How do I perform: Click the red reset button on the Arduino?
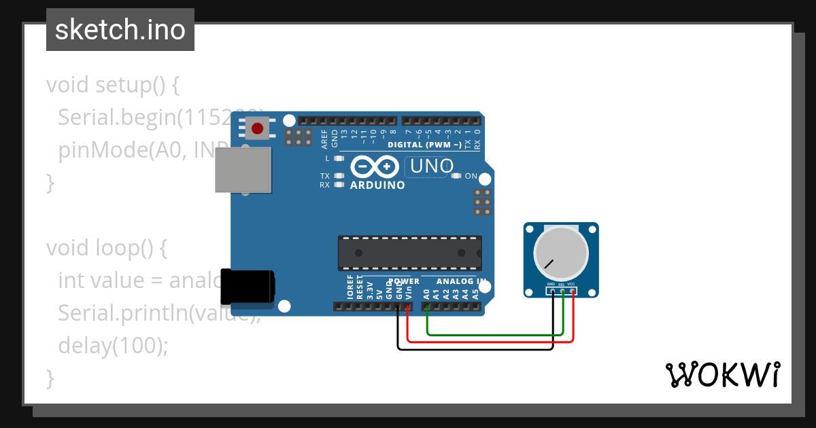[x=258, y=128]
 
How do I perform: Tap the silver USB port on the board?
[x=242, y=170]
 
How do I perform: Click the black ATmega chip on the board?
[x=410, y=253]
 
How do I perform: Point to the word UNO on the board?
[x=432, y=166]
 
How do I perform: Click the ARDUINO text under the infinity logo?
[x=377, y=185]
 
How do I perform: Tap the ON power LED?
[x=456, y=176]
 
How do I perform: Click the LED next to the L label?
[x=339, y=158]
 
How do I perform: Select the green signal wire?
[x=490, y=334]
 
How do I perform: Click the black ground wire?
[x=476, y=350]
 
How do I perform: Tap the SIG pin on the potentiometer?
[x=562, y=291]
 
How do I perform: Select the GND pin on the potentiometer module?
[x=552, y=291]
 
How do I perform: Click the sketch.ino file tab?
[x=120, y=30]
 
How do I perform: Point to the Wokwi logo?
[x=722, y=374]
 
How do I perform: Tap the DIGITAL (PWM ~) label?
[x=424, y=145]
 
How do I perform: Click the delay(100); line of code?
[x=113, y=346]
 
